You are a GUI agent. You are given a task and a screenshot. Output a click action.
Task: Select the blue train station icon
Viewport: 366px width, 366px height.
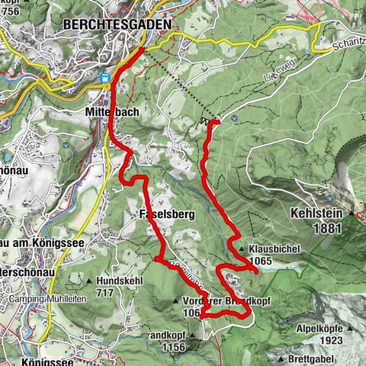point(107,77)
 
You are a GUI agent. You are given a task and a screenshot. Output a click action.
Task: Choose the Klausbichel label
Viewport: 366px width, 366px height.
point(275,249)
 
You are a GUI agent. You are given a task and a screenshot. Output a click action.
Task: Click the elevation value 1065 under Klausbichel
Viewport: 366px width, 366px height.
point(260,261)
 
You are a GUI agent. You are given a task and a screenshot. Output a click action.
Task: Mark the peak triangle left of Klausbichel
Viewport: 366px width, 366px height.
point(242,249)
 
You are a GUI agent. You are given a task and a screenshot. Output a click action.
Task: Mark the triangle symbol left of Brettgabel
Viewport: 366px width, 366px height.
point(283,358)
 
